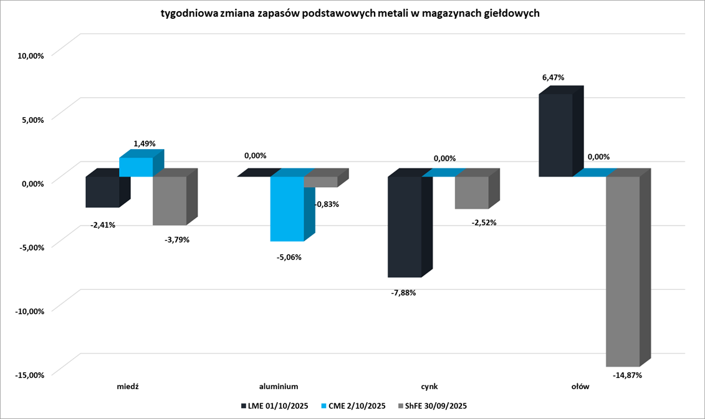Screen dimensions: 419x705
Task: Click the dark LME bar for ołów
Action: click(x=555, y=135)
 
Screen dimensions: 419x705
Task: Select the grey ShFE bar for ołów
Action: click(x=623, y=271)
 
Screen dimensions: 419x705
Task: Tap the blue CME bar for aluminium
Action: click(x=287, y=209)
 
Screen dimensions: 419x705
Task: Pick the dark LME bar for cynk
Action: click(x=405, y=226)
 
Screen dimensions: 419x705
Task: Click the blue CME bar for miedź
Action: click(x=136, y=167)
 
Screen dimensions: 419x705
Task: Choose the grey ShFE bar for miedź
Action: click(x=170, y=201)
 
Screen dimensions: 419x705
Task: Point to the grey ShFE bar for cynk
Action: click(x=472, y=193)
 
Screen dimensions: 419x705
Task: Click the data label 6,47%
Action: click(x=553, y=78)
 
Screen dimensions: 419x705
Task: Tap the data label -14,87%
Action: click(x=627, y=375)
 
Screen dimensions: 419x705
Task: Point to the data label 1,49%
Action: click(x=145, y=143)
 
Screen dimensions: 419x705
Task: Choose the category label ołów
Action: click(x=580, y=387)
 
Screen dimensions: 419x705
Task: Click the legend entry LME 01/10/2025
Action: click(x=274, y=406)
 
